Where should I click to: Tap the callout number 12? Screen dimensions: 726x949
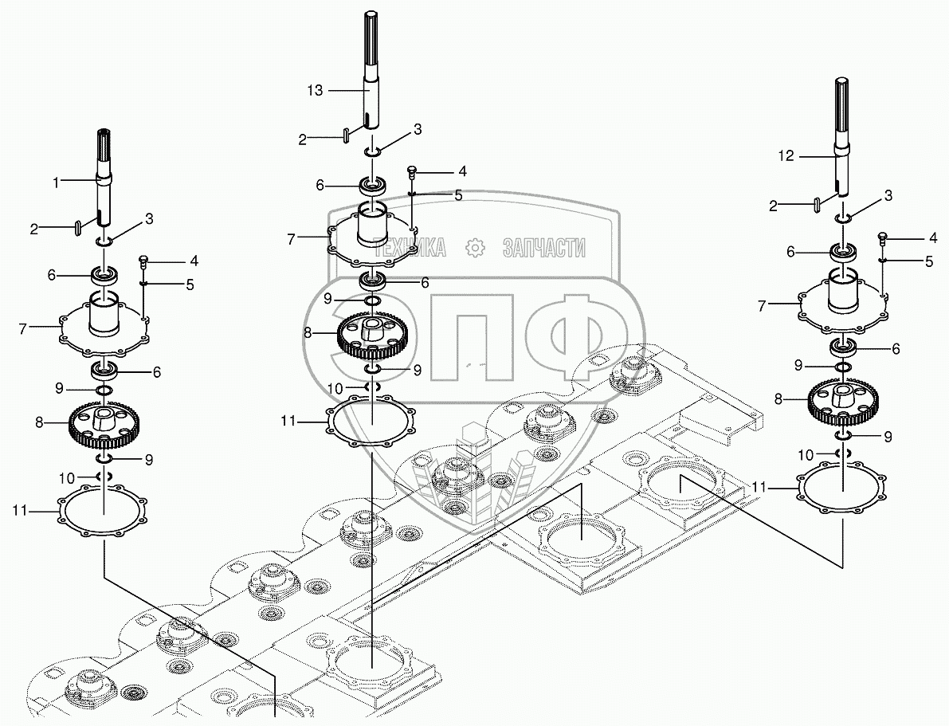786,156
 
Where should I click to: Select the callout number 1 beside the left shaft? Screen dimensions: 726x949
56,182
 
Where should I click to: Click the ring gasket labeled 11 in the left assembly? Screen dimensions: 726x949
104,514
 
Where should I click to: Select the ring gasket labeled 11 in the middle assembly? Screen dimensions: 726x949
372,421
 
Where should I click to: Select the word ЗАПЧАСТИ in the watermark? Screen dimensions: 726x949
544,249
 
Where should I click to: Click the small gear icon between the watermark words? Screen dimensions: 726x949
475,249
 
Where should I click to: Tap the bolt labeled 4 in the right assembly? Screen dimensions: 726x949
883,236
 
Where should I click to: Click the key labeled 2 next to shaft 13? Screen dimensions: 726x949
347,136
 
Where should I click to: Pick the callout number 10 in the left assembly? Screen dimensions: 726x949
67,478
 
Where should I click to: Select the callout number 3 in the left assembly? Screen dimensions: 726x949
149,218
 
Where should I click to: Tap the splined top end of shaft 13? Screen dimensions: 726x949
372,40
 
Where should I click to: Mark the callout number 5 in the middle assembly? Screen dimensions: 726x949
458,195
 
